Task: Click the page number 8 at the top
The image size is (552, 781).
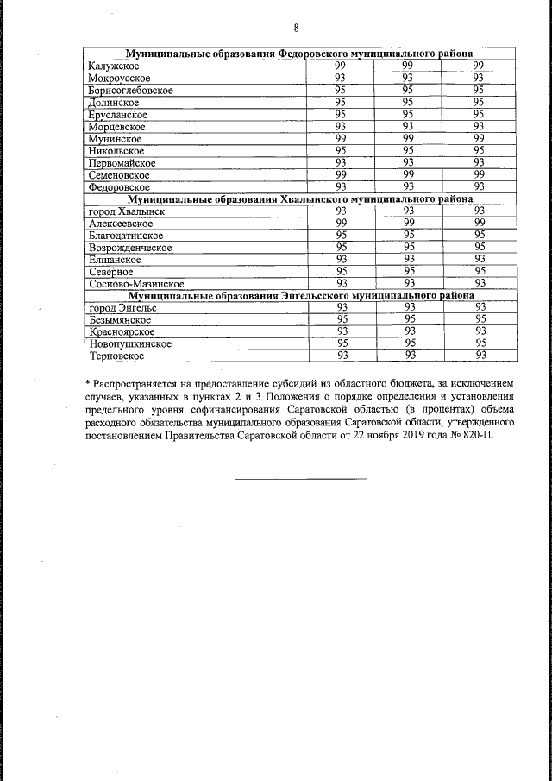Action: [296, 28]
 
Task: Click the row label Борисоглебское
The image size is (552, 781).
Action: [130, 91]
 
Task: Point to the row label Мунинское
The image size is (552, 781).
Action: [115, 139]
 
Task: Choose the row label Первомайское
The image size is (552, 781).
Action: [122, 163]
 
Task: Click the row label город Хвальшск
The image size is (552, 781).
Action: [126, 211]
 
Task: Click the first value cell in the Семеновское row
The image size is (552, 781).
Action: [341, 175]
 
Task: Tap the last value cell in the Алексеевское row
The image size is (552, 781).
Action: [480, 224]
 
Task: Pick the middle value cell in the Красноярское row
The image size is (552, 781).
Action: [410, 331]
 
